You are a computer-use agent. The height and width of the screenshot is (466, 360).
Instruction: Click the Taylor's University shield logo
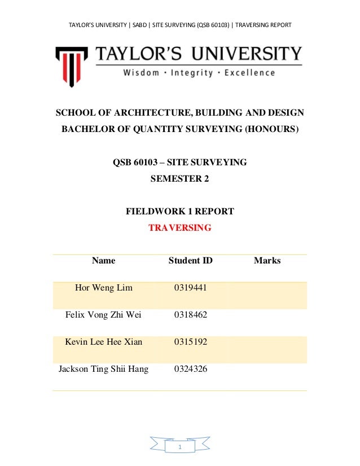point(71,64)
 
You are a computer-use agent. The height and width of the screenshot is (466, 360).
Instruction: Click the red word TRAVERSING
point(179,228)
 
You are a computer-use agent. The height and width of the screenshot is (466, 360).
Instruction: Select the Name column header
point(103,261)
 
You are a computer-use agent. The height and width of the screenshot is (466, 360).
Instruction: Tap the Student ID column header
point(191,261)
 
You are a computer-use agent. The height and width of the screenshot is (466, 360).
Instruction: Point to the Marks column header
point(267,261)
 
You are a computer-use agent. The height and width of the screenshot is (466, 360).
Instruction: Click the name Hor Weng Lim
point(104,288)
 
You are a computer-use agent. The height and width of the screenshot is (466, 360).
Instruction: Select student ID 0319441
point(191,288)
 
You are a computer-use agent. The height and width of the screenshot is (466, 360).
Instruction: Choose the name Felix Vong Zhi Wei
point(104,315)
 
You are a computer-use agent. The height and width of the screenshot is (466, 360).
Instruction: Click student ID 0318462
point(191,315)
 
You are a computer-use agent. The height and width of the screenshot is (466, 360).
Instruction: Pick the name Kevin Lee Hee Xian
point(104,342)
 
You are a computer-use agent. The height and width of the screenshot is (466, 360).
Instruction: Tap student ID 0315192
point(191,342)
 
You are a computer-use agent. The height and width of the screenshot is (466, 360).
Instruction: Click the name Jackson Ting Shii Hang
point(104,369)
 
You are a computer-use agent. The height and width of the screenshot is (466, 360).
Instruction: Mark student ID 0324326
point(191,369)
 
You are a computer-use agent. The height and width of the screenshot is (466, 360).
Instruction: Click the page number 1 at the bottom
point(179,447)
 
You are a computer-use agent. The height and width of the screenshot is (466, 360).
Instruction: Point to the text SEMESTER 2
point(179,179)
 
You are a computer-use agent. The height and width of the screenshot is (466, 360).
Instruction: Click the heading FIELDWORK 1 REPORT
point(179,212)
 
